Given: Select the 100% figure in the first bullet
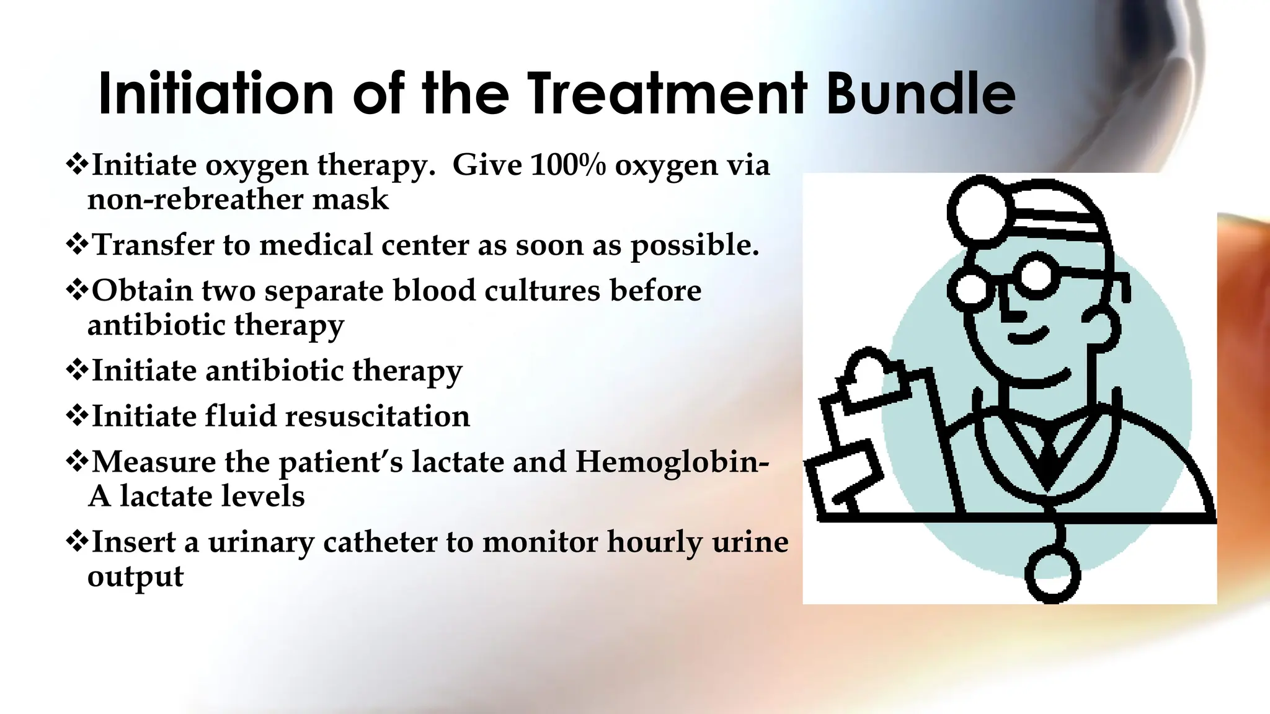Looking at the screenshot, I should pyautogui.click(x=567, y=165).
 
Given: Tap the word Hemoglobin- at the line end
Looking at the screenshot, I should pyautogui.click(x=672, y=462).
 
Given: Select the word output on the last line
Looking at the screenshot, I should pyautogui.click(x=135, y=577).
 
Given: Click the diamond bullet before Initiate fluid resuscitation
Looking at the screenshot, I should pyautogui.click(x=76, y=415).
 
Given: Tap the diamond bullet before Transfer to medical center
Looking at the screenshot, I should pyautogui.click(x=76, y=244).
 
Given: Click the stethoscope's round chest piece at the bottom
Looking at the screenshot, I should pyautogui.click(x=1052, y=573).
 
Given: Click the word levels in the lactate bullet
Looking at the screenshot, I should pyautogui.click(x=273, y=496).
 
